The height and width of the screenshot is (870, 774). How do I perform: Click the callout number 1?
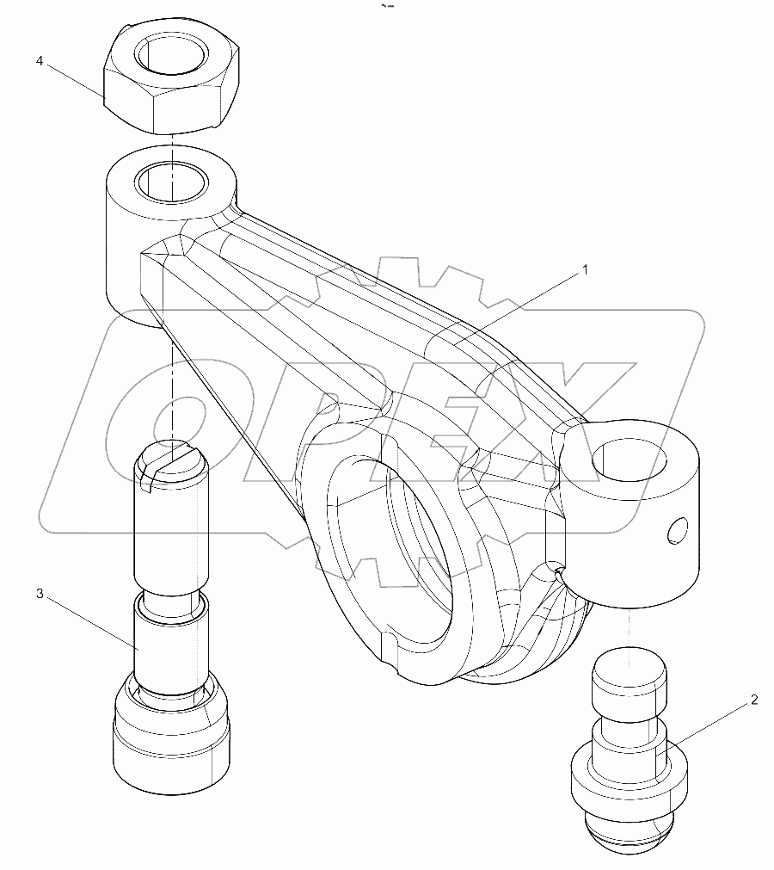[x=586, y=269]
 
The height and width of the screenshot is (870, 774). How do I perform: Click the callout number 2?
[x=754, y=700]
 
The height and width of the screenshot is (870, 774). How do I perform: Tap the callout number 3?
[x=40, y=594]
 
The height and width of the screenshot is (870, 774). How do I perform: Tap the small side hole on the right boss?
[x=679, y=531]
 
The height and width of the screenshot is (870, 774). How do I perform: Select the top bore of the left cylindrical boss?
[x=173, y=182]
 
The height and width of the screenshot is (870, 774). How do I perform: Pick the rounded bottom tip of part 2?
[x=631, y=836]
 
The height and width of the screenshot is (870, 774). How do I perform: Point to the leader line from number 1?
[x=516, y=305]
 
